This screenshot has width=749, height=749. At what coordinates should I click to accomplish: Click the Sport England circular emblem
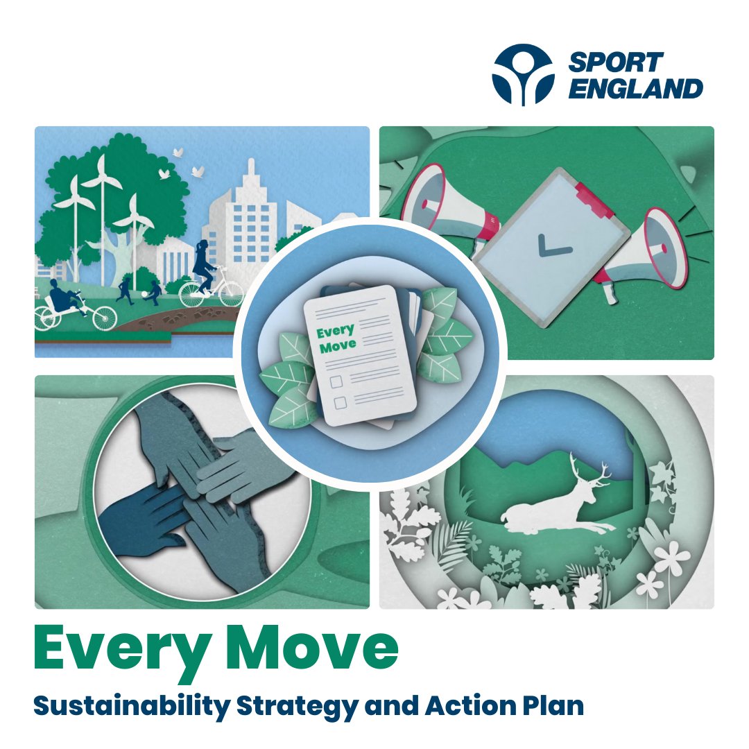[x=524, y=74]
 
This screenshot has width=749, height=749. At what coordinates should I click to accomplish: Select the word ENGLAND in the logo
[x=635, y=89]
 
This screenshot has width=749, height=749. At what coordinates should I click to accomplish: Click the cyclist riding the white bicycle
[x=205, y=267]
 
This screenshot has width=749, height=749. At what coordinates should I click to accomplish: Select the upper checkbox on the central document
[x=336, y=381]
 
